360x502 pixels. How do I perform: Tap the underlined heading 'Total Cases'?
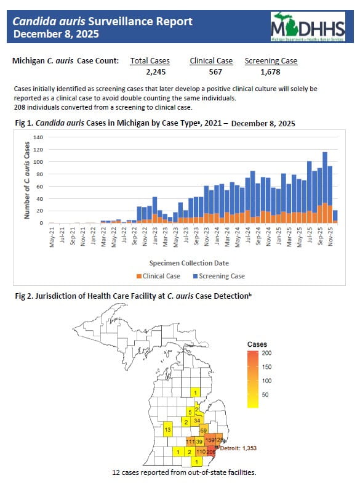tap(150, 61)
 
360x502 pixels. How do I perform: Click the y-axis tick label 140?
tap(39, 137)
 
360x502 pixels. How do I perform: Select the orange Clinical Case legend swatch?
tap(139, 276)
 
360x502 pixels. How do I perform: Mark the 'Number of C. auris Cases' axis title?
tap(27, 180)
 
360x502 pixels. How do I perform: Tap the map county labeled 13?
tap(167, 429)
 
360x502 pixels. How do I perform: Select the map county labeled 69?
tap(204, 429)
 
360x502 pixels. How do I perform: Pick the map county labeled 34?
tap(197, 421)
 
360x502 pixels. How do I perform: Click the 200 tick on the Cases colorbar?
tap(267, 354)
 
